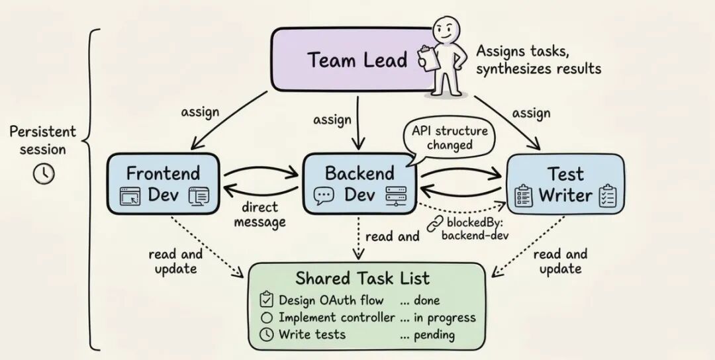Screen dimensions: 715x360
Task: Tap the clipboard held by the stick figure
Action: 428,58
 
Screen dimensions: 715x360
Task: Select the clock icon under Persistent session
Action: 44,173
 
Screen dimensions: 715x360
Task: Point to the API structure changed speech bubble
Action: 449,138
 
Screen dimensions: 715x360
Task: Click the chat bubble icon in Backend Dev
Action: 324,196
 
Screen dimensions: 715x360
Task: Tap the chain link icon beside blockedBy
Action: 434,224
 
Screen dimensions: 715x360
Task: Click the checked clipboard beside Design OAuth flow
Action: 266,299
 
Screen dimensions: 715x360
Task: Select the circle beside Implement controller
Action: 267,317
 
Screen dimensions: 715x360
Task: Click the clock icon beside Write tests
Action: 266,334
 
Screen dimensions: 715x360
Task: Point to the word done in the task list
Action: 427,300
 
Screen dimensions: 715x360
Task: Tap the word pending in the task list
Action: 434,336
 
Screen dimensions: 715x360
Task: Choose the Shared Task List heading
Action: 362,278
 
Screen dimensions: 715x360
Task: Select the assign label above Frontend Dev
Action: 200,112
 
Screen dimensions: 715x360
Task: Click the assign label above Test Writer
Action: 531,113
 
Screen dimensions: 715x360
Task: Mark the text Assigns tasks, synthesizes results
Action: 538,60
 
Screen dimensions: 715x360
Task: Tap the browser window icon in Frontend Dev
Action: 130,196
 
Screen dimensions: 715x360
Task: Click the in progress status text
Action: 445,318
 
